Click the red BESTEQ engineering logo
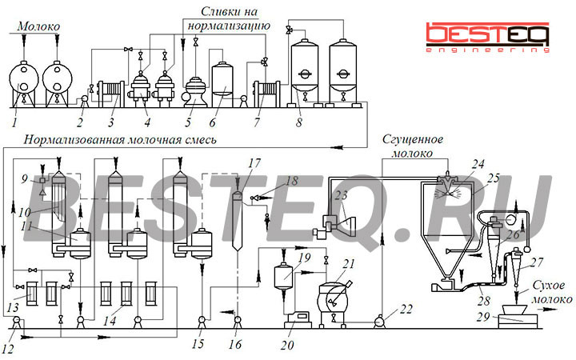click(487, 38)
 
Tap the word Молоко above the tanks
click(38, 26)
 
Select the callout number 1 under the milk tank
click(14, 122)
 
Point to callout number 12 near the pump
click(8, 349)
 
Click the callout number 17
click(254, 163)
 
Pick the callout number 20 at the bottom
click(288, 345)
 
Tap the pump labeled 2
click(84, 100)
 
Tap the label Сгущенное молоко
click(413, 146)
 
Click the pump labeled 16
click(238, 322)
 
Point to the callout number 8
click(299, 122)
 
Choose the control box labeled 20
click(298, 319)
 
